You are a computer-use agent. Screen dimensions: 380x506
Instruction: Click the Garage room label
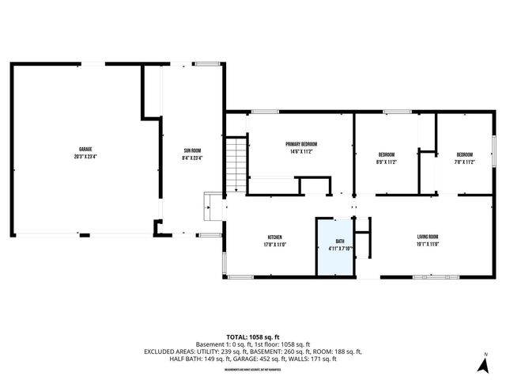click(x=85, y=150)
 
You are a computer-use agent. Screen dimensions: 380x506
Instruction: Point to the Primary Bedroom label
click(x=300, y=144)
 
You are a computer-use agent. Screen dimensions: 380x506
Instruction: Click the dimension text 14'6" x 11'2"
click(x=300, y=151)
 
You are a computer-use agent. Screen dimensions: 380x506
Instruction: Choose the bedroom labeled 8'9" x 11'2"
click(x=387, y=154)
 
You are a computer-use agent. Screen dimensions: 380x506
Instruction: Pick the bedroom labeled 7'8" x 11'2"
click(x=464, y=154)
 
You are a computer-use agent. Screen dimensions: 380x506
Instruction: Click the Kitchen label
click(x=274, y=237)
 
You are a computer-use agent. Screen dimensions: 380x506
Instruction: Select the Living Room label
click(x=428, y=237)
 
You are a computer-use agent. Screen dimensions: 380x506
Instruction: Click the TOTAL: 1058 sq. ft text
click(x=252, y=336)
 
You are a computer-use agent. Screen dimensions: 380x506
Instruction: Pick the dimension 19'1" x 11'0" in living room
click(x=428, y=244)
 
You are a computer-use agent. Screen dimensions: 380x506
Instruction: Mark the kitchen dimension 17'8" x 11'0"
click(x=274, y=244)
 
